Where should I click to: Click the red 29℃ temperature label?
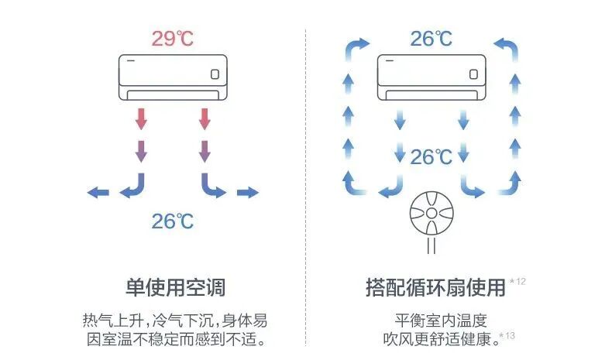coord(173,39)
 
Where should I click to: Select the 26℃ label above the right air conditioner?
coord(431,39)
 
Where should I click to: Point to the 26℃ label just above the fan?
coord(431,157)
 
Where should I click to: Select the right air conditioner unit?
coord(431,76)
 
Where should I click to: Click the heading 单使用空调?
coord(175,287)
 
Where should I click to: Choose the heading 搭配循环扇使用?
coord(435,287)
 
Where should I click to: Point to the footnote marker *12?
coord(517,281)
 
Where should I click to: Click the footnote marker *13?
coord(507,335)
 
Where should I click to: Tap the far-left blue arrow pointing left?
coord(98,192)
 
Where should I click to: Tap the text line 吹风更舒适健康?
coord(438,339)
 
